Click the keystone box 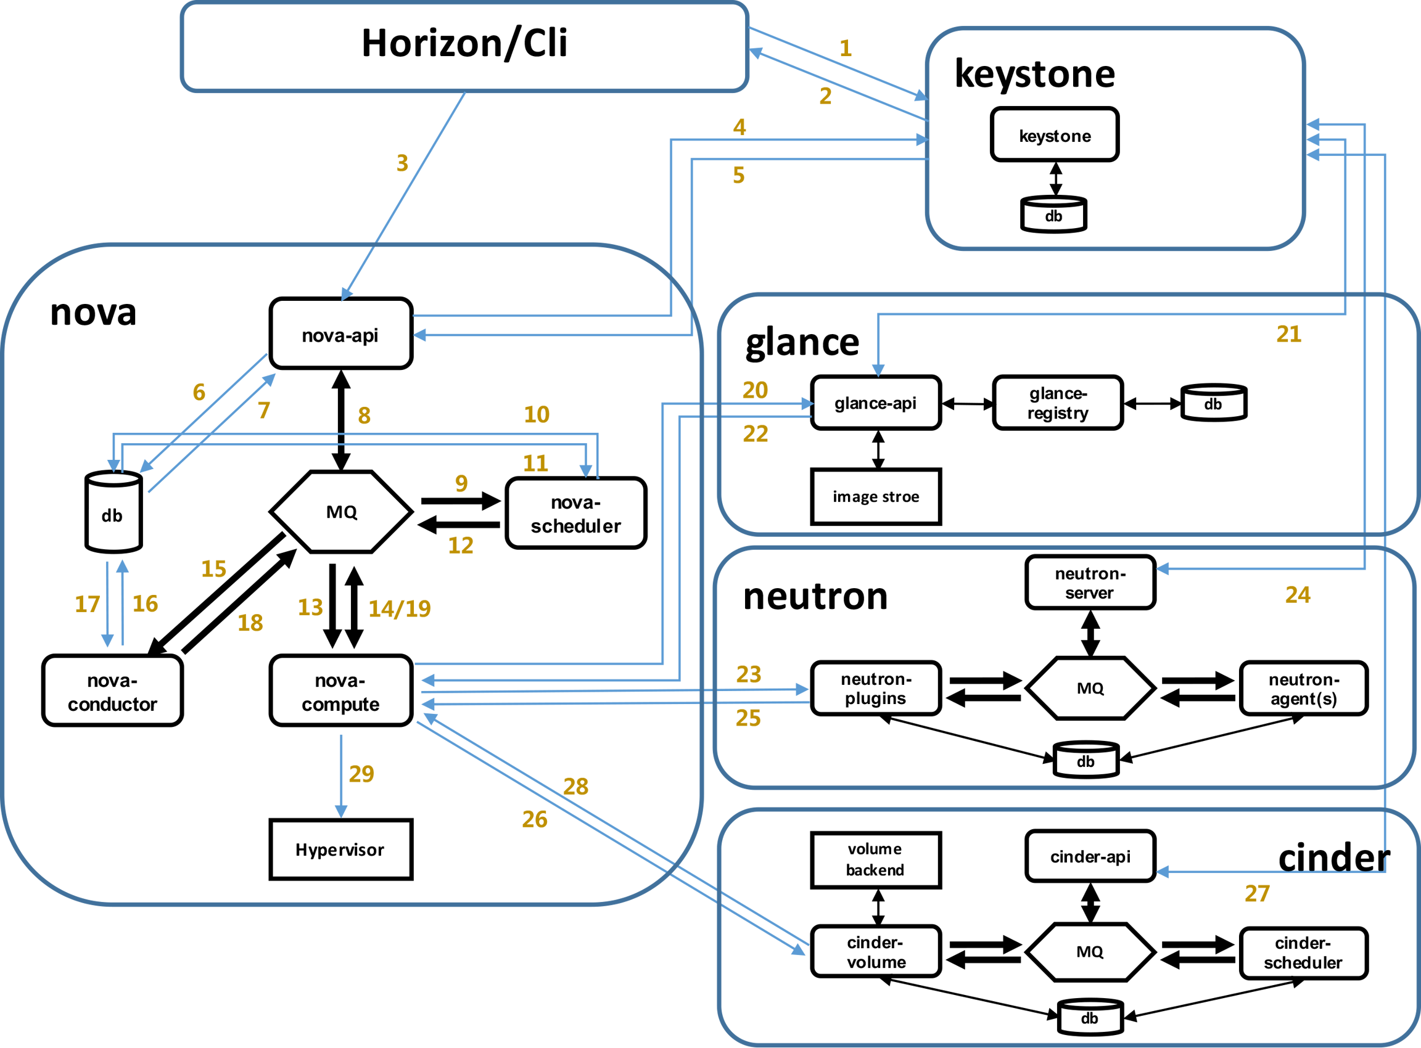point(1054,134)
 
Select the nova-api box point(341,333)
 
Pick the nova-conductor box point(112,690)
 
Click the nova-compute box point(341,690)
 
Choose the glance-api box point(876,403)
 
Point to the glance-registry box point(1058,403)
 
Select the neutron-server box point(1090,583)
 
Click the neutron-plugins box point(876,689)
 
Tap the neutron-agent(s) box point(1304,689)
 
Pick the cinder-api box point(1090,856)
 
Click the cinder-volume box point(876,952)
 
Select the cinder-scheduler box point(1304,953)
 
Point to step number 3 point(402,163)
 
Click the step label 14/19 point(400,608)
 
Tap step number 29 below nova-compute point(362,773)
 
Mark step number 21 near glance point(1289,334)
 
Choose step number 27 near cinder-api point(1256,893)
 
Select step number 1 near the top point(846,48)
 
